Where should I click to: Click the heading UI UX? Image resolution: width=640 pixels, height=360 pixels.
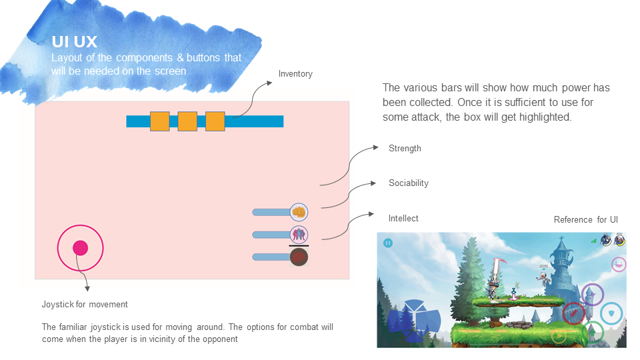point(74,41)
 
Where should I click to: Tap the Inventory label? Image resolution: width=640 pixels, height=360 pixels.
point(295,74)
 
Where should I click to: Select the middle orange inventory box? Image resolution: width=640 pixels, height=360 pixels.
point(187,121)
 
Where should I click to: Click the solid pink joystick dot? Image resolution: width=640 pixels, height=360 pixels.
point(81,248)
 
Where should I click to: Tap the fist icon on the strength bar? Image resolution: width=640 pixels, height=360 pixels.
point(299,212)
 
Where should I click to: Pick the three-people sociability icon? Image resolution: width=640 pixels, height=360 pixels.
point(299,235)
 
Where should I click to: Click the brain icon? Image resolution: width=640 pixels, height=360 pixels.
point(299,257)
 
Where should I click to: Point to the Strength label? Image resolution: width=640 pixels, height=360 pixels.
point(405,149)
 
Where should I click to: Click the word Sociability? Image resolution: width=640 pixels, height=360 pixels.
point(409,183)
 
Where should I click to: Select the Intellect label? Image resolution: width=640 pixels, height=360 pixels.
point(403,219)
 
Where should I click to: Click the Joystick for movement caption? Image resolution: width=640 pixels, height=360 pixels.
point(85,305)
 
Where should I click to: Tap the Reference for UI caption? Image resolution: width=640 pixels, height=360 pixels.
point(586,219)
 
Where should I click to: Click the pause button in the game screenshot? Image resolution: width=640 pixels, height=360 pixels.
point(388,243)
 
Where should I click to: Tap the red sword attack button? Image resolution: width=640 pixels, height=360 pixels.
point(574,313)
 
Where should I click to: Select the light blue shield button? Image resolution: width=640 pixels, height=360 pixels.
point(611,313)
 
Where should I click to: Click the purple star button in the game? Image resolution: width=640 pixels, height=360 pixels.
point(592,294)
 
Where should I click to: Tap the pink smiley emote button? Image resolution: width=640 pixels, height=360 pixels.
point(619,265)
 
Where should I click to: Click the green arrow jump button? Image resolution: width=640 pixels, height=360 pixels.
point(592,332)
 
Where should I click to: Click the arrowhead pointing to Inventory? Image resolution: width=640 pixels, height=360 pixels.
point(269,83)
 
